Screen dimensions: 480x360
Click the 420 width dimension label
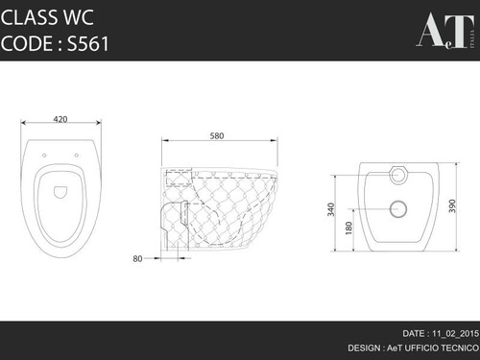click(60, 119)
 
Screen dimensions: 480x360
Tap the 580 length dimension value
click(217, 136)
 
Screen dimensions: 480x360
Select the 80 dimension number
click(137, 258)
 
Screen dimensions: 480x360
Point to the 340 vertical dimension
click(331, 209)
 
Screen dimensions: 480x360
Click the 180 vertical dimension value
click(348, 228)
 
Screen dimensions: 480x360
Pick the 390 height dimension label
click(452, 206)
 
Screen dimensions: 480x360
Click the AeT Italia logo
click(445, 31)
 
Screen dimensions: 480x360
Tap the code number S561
click(88, 43)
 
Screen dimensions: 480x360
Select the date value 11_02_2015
click(456, 333)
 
